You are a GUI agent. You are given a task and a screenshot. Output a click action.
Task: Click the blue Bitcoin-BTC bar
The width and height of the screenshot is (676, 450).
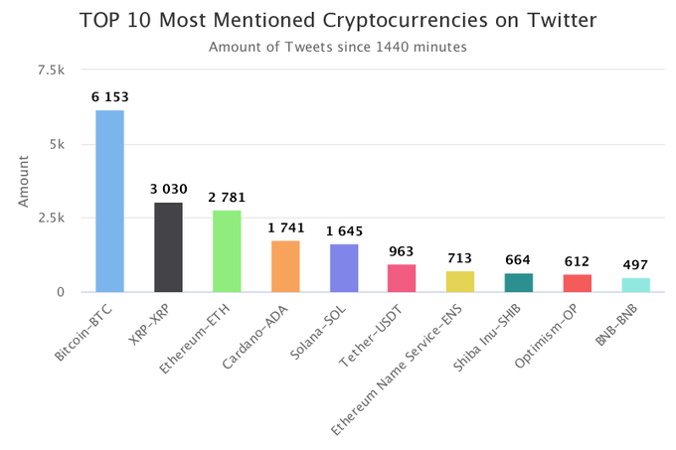pos(109,201)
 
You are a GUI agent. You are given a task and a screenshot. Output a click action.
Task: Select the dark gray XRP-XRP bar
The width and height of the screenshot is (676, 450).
pos(168,247)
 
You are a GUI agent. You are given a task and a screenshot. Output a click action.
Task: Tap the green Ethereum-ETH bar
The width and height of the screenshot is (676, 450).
pos(227,251)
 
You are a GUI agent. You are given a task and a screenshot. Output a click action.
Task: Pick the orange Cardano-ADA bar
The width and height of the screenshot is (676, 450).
pos(285,266)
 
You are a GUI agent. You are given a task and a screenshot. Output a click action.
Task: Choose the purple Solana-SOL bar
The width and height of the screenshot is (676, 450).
pos(344,268)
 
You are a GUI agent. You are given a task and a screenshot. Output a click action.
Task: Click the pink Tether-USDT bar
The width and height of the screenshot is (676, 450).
pos(402,278)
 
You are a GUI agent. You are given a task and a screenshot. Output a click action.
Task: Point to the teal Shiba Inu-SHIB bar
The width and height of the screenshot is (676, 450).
pos(519,282)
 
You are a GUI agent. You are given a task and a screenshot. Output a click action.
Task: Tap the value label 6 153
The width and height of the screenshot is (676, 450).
pos(109,97)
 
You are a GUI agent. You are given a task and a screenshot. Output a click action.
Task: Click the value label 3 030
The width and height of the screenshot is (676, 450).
pos(168,190)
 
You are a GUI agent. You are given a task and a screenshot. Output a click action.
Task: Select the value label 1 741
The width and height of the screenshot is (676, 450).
pos(285,227)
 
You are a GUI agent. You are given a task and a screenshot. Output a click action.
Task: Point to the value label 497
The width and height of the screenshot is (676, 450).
pos(636,265)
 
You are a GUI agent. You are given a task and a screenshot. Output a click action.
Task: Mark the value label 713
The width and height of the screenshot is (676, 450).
pos(460,258)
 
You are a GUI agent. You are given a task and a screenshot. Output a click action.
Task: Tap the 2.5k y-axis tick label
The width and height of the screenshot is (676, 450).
pos(50,218)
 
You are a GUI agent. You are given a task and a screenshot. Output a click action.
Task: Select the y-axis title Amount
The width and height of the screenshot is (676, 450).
pos(24,181)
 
